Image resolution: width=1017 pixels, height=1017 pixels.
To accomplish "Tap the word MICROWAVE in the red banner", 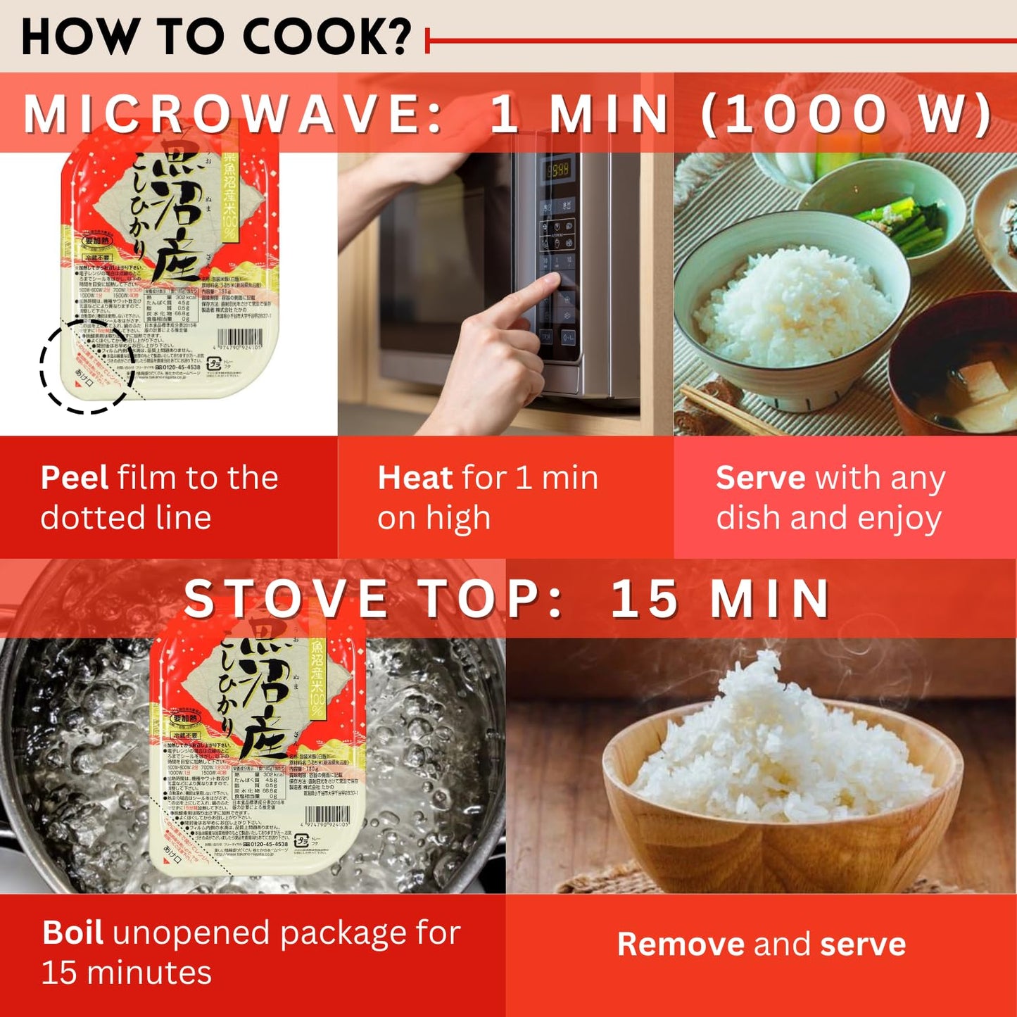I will point(232,113).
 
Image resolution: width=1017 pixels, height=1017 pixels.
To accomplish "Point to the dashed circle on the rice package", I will point(86,366).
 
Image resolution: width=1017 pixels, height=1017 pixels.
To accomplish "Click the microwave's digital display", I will point(558,170).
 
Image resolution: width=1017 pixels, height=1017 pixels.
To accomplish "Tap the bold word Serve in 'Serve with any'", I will point(759,478).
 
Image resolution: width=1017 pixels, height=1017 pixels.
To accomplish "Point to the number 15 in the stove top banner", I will point(644,599).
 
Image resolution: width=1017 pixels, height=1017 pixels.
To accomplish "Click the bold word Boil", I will point(72,933).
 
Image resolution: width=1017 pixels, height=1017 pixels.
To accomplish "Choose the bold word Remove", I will point(680,944).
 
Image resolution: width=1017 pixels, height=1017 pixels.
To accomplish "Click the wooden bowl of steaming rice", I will point(781,781).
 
